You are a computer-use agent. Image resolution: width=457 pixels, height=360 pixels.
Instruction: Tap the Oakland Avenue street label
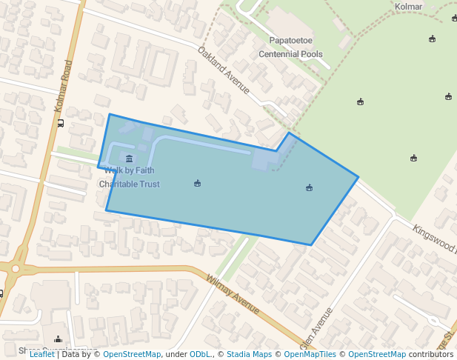coord(223,70)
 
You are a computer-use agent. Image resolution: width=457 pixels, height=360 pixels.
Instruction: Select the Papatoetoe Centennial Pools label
coord(290,47)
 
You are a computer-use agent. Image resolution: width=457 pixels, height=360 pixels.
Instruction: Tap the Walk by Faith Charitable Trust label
coord(130,177)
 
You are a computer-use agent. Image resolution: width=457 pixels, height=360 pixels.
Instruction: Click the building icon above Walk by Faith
coord(130,159)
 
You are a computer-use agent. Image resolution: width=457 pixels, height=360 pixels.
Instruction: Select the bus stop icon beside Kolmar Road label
coord(61,123)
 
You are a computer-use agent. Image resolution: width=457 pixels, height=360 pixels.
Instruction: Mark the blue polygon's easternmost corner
coord(358,177)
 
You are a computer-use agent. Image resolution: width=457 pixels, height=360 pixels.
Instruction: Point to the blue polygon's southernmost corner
coord(311,244)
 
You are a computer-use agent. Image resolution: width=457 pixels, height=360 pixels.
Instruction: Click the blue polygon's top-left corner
coord(110,114)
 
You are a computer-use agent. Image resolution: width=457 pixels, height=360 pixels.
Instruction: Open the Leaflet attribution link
coord(41,355)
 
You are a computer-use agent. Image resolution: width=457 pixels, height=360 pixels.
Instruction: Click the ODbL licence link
coord(200,355)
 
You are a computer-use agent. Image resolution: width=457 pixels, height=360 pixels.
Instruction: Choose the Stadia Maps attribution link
coord(249,355)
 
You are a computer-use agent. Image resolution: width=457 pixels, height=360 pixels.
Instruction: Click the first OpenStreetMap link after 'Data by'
coord(132,355)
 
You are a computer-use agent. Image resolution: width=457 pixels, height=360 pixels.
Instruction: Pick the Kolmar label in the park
coord(408,7)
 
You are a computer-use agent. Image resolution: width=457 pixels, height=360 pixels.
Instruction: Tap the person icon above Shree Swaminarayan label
coord(59,339)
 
